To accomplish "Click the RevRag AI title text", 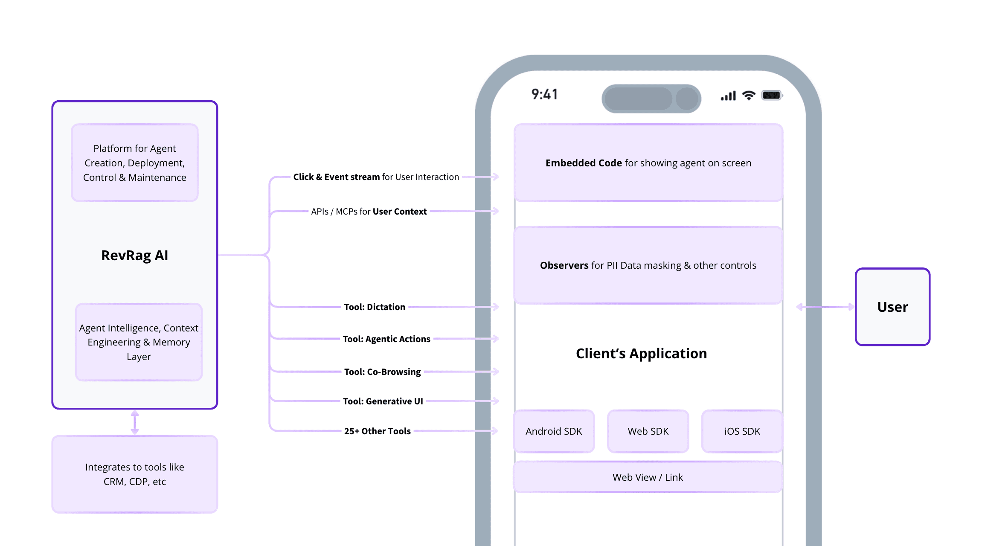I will click(134, 255).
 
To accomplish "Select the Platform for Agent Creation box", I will click(134, 163).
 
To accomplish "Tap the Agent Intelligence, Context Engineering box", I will click(139, 342).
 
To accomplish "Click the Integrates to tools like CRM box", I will click(134, 474).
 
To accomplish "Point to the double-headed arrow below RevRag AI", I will click(135, 422).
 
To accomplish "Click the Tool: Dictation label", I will click(375, 307).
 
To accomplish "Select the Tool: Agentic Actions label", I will click(386, 339).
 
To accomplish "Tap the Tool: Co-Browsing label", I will click(382, 372).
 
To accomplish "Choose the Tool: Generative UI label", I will click(383, 401).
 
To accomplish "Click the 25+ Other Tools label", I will click(377, 431).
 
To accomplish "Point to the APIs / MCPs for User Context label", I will click(369, 212).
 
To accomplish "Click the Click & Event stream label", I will click(376, 177).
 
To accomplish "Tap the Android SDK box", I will click(554, 431).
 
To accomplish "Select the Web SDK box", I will click(648, 431).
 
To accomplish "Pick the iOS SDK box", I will click(742, 431).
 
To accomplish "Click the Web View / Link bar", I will click(648, 477).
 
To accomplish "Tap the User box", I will click(892, 307).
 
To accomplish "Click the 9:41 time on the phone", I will click(545, 94).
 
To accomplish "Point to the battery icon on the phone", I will click(772, 95).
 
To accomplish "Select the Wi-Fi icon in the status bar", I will click(749, 96).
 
